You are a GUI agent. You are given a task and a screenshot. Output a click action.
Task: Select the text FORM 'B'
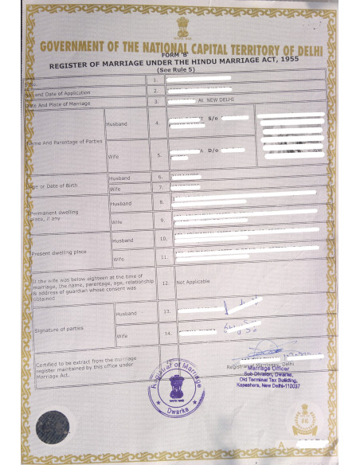[x=180, y=53]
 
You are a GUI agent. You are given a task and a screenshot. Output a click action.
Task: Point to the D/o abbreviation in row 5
[x=213, y=150]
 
